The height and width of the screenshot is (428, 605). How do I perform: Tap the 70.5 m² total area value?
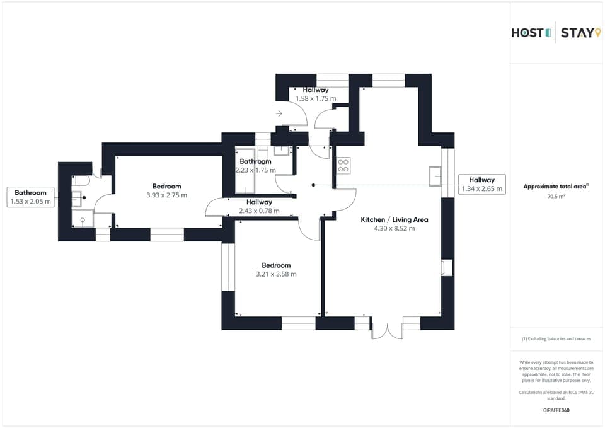(556, 197)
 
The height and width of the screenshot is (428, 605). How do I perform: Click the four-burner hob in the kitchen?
(343, 166)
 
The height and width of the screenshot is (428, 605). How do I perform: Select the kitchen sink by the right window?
(435, 176)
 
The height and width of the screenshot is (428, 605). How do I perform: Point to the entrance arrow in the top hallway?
(279, 114)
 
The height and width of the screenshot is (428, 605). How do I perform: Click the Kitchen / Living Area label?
(394, 219)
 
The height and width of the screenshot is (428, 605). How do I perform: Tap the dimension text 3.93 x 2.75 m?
(166, 195)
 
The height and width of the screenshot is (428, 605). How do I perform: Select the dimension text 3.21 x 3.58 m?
(275, 274)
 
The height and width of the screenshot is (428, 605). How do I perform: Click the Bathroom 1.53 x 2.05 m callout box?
(30, 197)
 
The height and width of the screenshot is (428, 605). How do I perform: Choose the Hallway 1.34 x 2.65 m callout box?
(482, 184)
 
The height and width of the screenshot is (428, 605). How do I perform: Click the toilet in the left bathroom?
(84, 180)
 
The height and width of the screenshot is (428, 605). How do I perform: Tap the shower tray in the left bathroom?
(83, 219)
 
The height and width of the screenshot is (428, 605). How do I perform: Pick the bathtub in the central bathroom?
(245, 170)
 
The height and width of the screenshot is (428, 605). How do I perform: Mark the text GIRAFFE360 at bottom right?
(556, 410)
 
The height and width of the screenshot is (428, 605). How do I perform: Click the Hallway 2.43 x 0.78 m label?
(259, 206)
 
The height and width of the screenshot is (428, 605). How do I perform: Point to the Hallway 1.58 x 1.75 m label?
(315, 95)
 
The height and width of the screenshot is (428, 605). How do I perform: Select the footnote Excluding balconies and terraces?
(556, 338)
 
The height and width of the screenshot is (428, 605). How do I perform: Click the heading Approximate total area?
(556, 187)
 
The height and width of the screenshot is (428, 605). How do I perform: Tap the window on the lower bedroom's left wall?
(228, 267)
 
